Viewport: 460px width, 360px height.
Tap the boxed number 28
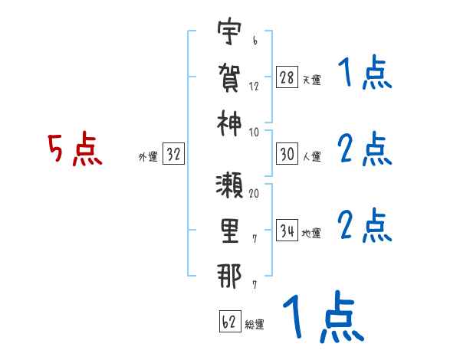287,77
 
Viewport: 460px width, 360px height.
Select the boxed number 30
287,154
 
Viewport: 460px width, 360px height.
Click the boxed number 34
287,230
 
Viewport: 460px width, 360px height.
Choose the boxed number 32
173,155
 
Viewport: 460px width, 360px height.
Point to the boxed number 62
230,322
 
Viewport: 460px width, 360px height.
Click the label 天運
311,80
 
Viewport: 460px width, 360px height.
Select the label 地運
311,233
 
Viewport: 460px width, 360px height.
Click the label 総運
255,325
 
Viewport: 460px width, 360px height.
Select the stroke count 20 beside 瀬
254,193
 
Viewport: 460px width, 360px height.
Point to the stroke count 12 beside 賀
254,86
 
